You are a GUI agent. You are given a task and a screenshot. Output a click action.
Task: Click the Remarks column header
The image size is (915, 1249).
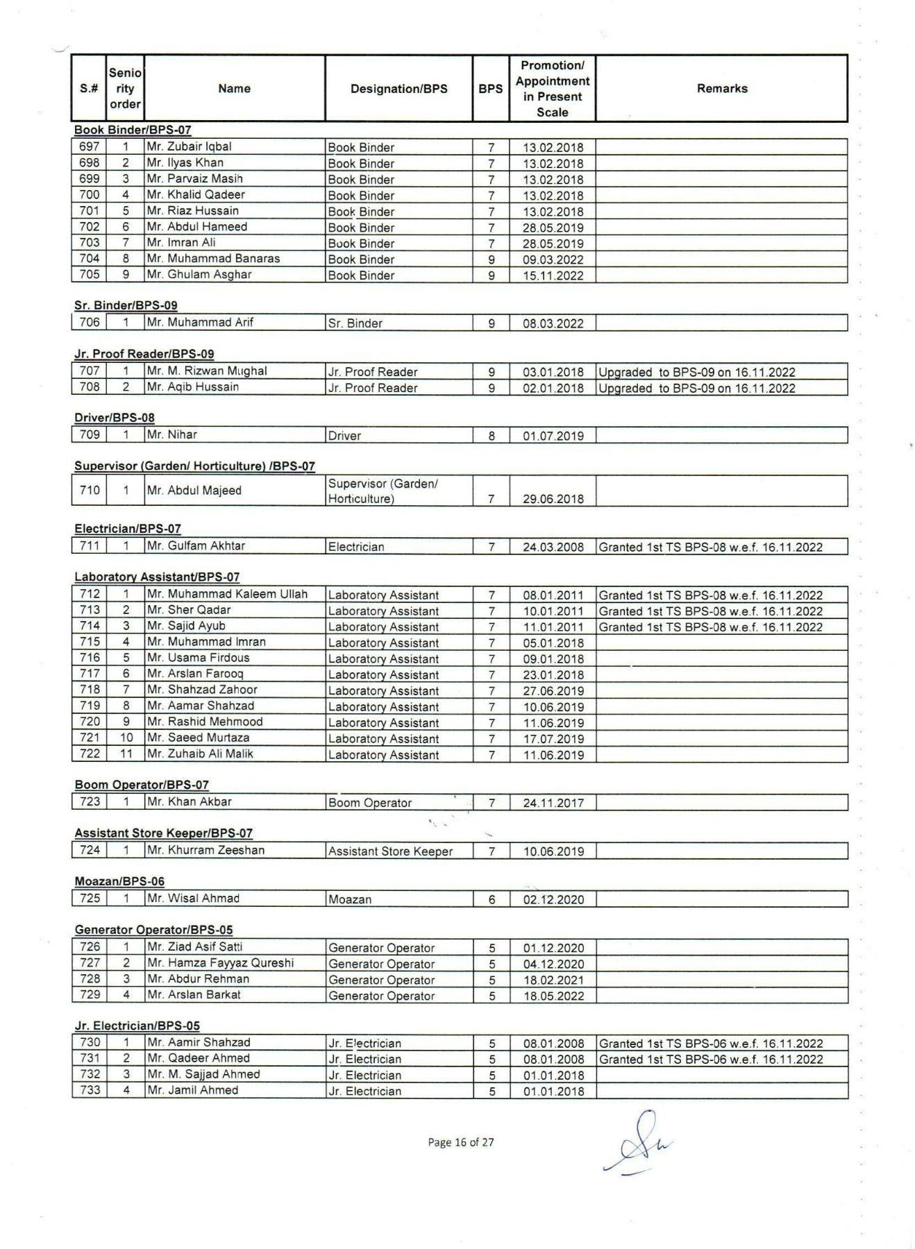(x=722, y=89)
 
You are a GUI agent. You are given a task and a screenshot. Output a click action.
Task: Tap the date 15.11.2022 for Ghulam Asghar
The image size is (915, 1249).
(x=553, y=275)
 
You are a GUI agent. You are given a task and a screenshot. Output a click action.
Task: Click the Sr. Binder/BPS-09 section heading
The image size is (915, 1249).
(x=126, y=305)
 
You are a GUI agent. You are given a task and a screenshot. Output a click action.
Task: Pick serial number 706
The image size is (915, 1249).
(x=90, y=323)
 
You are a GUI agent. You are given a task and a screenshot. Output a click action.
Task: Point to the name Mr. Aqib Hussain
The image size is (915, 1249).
(x=193, y=387)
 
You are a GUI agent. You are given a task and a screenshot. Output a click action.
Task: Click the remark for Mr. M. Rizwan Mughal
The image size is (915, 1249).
(x=697, y=372)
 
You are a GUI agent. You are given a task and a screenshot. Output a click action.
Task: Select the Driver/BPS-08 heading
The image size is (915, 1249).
(x=115, y=418)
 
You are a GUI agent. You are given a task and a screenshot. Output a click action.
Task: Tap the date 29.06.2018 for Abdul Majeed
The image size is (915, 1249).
(x=553, y=499)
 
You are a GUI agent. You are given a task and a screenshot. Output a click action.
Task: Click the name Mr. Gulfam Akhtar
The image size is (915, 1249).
(x=196, y=546)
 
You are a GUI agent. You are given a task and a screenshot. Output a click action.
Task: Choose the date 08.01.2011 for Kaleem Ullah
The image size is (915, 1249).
(x=553, y=595)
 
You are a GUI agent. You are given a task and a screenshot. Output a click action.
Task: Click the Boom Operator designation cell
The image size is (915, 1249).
(x=370, y=803)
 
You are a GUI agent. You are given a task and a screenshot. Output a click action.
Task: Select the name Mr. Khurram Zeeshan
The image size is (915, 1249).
(x=206, y=851)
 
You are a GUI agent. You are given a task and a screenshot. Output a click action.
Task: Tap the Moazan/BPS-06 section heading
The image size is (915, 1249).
(x=119, y=881)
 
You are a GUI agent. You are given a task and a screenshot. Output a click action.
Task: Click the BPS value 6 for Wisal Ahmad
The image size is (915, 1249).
(x=492, y=899)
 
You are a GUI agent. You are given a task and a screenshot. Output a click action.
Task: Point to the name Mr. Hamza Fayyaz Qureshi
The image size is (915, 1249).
(x=221, y=963)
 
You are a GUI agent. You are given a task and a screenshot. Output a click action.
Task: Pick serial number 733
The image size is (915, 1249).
(x=90, y=1090)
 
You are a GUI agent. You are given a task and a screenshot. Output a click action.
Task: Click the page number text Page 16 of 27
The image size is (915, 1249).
(x=461, y=1142)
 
